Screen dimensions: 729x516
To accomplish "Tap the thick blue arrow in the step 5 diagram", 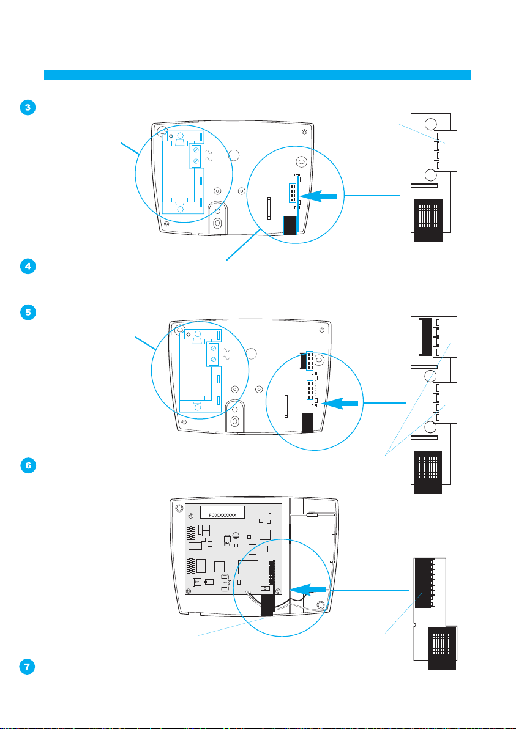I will (x=342, y=404).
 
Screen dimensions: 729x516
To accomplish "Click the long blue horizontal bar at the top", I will (x=258, y=75).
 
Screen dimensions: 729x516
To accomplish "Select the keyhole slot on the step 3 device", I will (x=217, y=224).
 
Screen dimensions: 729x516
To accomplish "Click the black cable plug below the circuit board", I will (x=266, y=606).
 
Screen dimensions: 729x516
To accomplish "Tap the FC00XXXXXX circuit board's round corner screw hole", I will (x=179, y=508).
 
